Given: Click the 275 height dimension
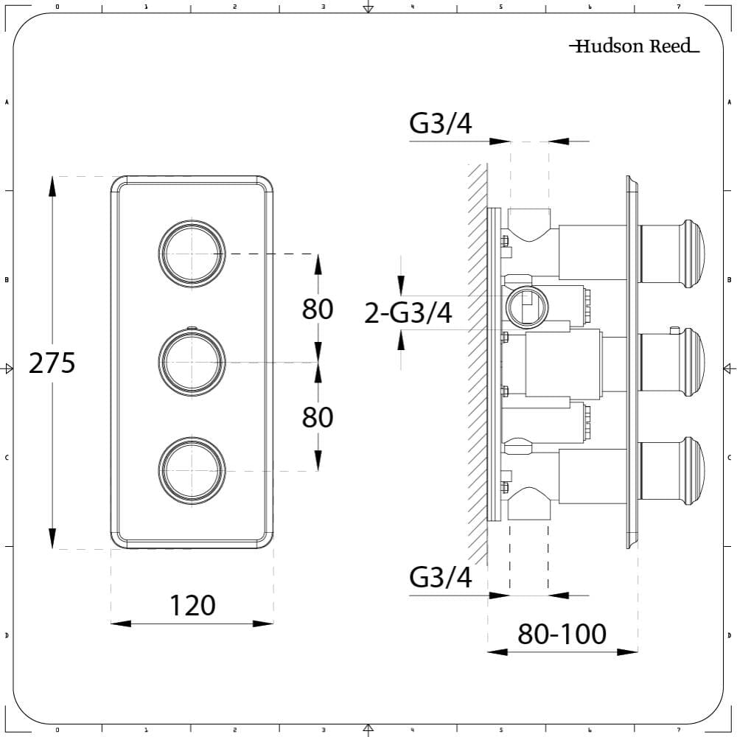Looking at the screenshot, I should pyautogui.click(x=52, y=363).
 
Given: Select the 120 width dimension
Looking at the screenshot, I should pyautogui.click(x=192, y=606).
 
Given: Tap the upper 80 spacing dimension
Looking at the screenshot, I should pyautogui.click(x=318, y=309).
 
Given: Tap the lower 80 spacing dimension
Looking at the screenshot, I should pyautogui.click(x=318, y=417).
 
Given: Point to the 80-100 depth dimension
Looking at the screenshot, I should pyautogui.click(x=562, y=634).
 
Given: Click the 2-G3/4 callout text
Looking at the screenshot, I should pyautogui.click(x=408, y=313).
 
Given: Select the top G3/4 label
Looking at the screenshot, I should pyautogui.click(x=441, y=125).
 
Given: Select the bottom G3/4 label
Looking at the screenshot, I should pyautogui.click(x=441, y=577).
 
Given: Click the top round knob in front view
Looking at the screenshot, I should pyautogui.click(x=191, y=253).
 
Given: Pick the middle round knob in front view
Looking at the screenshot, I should pyautogui.click(x=191, y=362).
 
